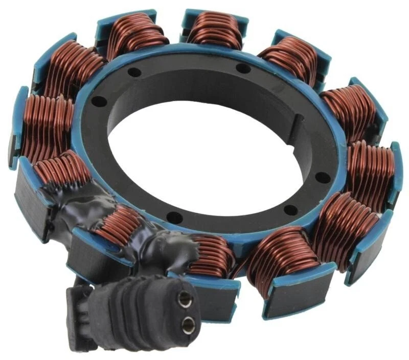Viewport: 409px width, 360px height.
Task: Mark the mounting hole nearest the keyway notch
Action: click(322, 177)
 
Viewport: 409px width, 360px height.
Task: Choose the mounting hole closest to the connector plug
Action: click(174, 218)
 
